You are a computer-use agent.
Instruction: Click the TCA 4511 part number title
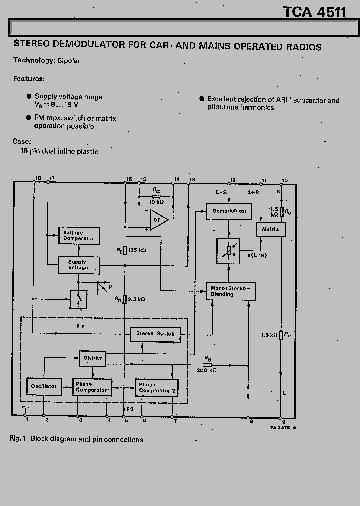click(315, 12)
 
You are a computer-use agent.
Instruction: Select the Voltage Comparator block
click(79, 236)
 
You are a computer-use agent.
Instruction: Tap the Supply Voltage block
click(79, 265)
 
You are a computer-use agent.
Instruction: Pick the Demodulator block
click(229, 211)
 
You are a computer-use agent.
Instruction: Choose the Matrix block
click(271, 229)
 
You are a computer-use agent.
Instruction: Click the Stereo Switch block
click(155, 334)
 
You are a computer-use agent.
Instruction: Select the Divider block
click(92, 358)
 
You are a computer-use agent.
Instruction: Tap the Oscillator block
click(44, 386)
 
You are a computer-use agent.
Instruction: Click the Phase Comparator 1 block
click(92, 387)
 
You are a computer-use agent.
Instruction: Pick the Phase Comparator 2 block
click(157, 387)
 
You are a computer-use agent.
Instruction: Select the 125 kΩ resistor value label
click(137, 249)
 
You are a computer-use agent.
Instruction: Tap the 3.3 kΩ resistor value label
click(136, 299)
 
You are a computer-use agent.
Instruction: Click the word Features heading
click(29, 79)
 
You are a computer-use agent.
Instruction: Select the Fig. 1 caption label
click(18, 439)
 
